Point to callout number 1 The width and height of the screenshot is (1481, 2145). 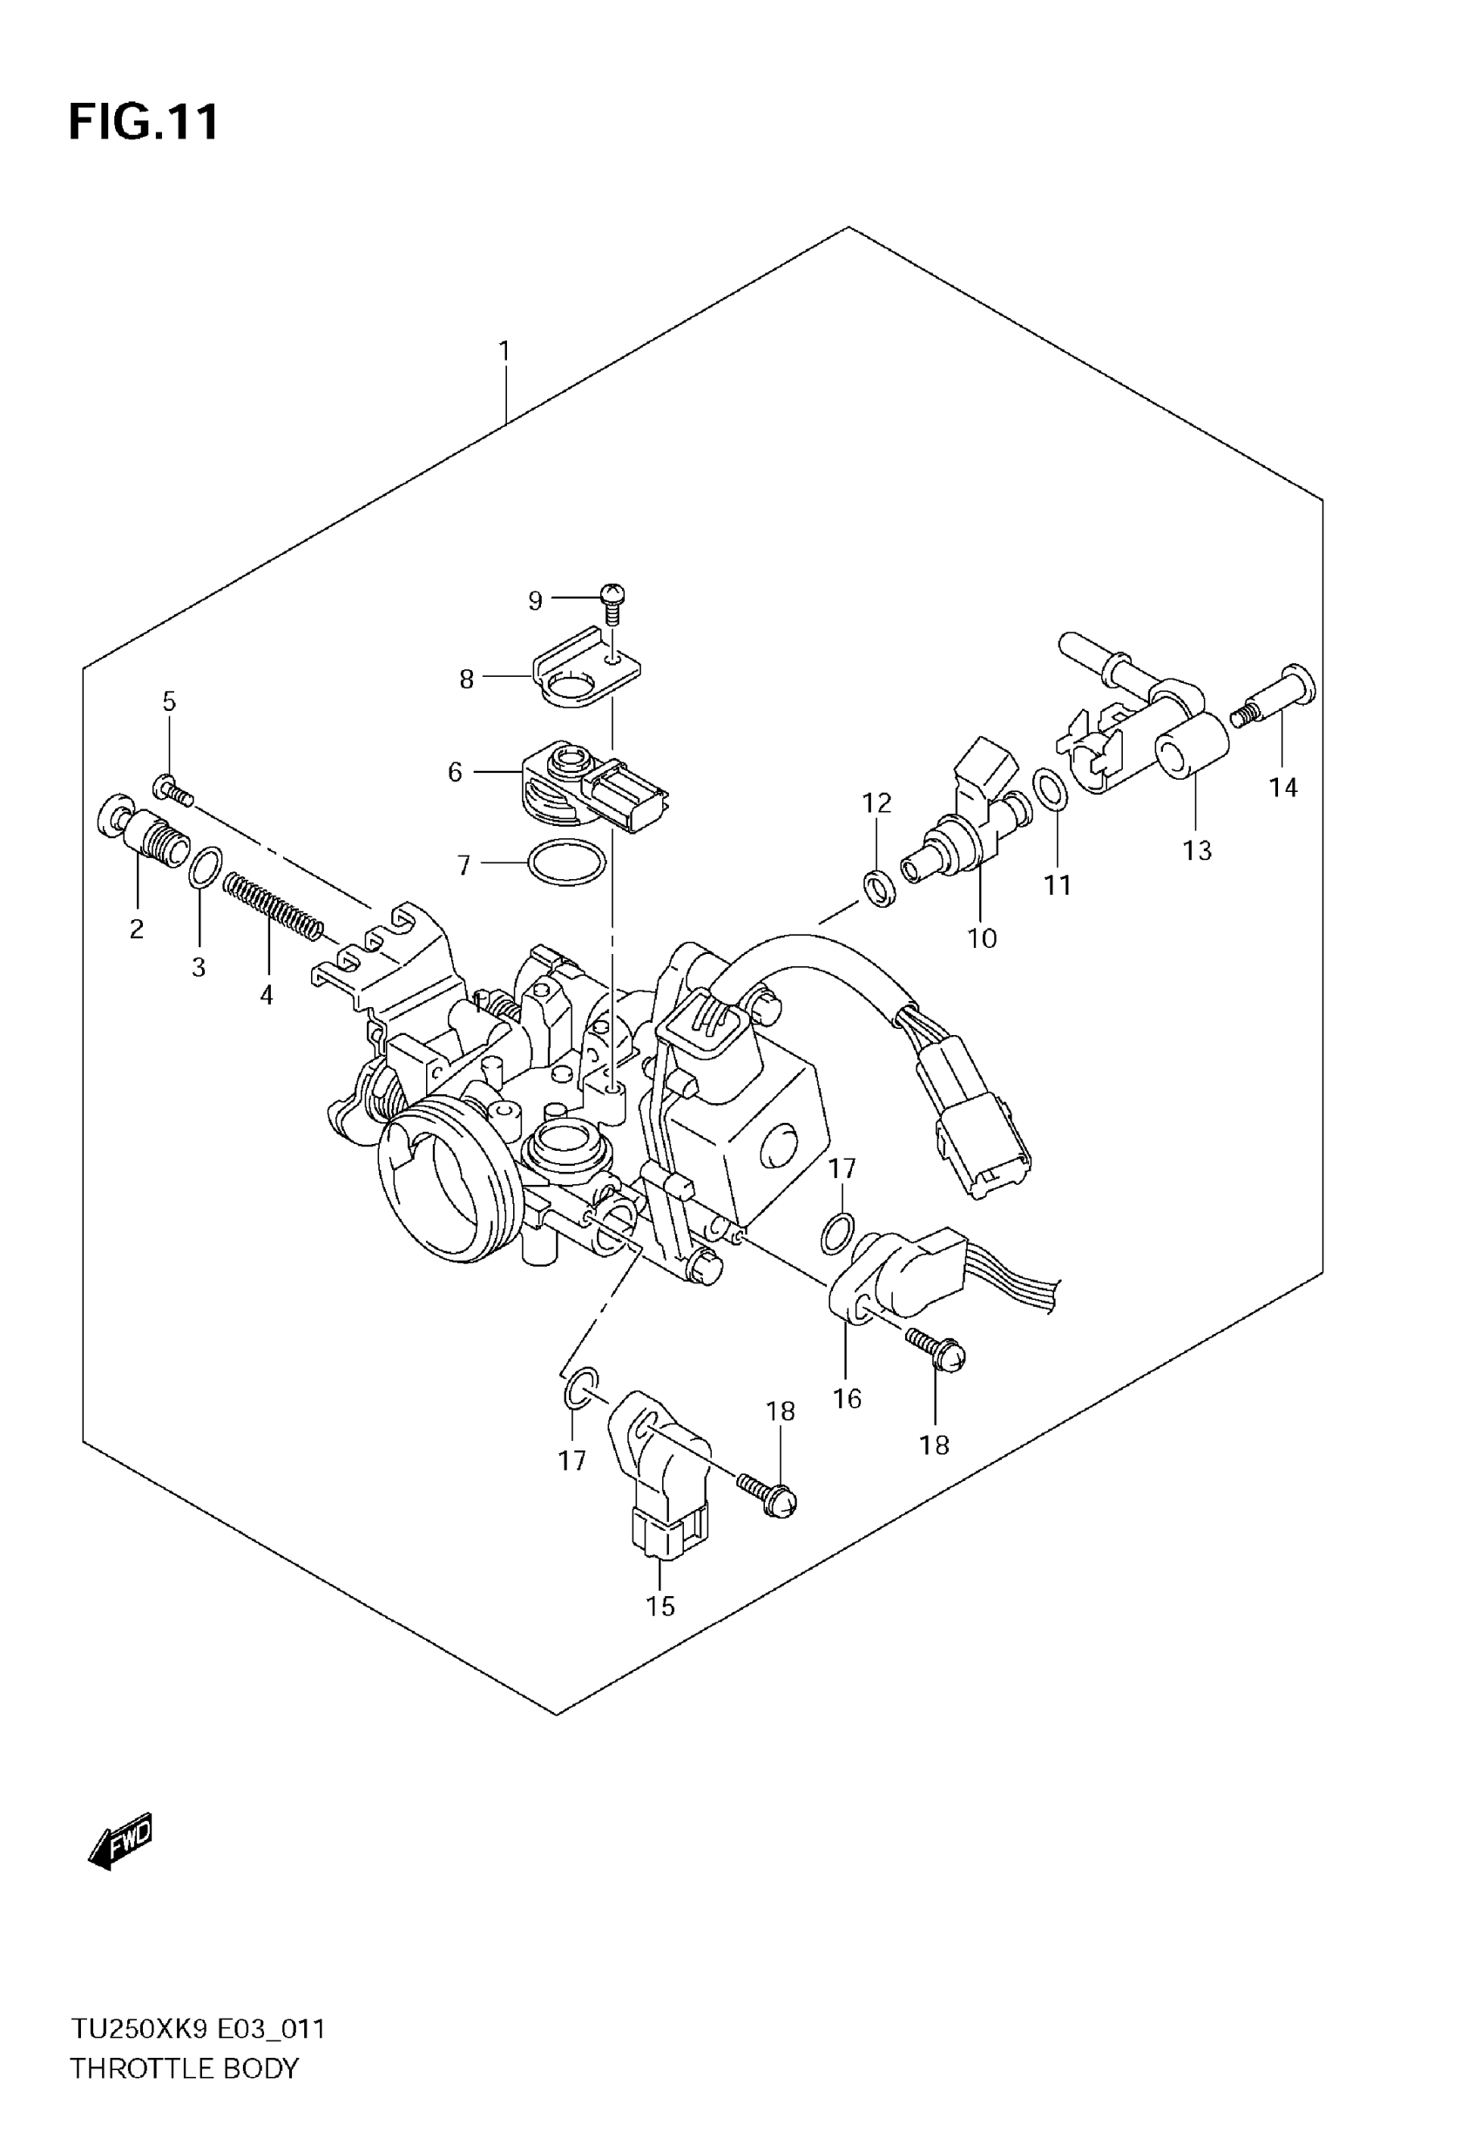[x=504, y=352]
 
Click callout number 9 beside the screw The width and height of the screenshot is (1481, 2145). [x=536, y=601]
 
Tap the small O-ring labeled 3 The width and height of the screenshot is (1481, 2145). [x=205, y=868]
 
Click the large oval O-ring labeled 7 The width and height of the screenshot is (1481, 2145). [x=566, y=863]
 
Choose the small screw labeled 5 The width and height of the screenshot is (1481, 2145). [x=173, y=791]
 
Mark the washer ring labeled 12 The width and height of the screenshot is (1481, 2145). [x=879, y=888]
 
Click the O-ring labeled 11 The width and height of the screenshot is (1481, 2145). [x=1050, y=788]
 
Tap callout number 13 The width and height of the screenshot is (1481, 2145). [x=1197, y=849]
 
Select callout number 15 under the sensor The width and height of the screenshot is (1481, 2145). [x=660, y=1606]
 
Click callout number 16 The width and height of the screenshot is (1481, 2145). [x=847, y=1398]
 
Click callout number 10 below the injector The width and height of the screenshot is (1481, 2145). [x=982, y=938]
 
